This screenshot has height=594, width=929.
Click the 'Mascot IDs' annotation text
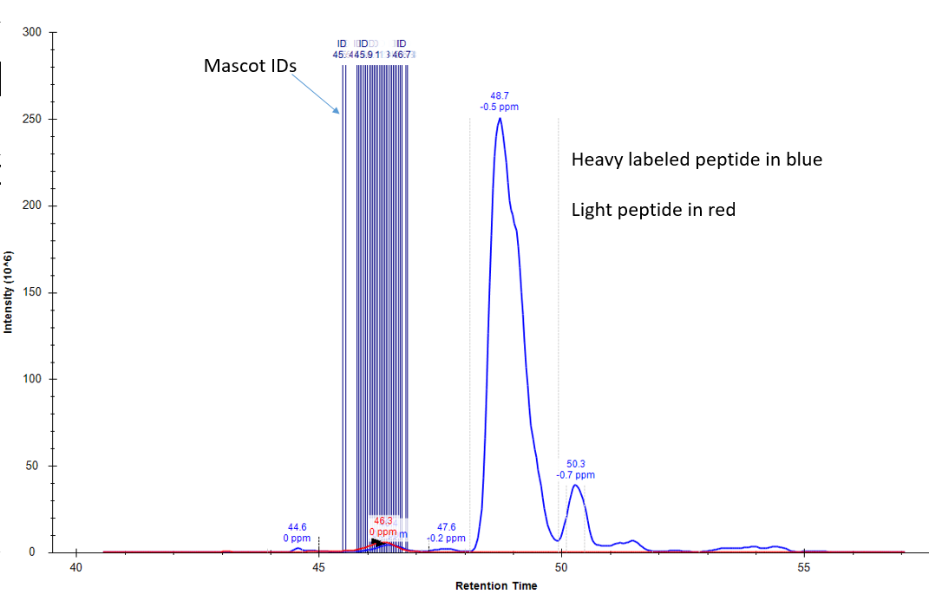click(x=251, y=65)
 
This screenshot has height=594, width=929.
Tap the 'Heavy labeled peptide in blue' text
click(x=697, y=160)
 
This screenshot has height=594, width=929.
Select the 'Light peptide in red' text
click(x=653, y=209)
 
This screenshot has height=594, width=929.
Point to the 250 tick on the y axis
click(x=35, y=119)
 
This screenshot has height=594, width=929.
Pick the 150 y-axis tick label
click(x=35, y=292)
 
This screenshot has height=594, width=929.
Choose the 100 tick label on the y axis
click(x=35, y=379)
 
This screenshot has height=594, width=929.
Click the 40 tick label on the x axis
click(x=76, y=568)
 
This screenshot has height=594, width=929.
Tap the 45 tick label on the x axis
click(x=318, y=568)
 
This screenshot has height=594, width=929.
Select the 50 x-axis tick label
click(x=561, y=568)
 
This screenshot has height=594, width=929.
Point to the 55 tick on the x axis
click(x=803, y=568)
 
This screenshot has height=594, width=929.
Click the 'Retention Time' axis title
click(x=496, y=586)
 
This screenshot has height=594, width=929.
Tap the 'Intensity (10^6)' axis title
click(x=9, y=293)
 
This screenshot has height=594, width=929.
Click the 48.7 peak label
click(x=500, y=95)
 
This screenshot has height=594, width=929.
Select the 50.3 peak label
click(x=576, y=464)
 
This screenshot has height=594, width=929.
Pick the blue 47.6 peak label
click(x=446, y=526)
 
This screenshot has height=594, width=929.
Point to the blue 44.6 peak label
click(x=298, y=526)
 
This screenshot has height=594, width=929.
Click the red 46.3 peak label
click(x=383, y=521)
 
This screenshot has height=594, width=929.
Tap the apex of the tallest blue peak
click(x=500, y=119)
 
